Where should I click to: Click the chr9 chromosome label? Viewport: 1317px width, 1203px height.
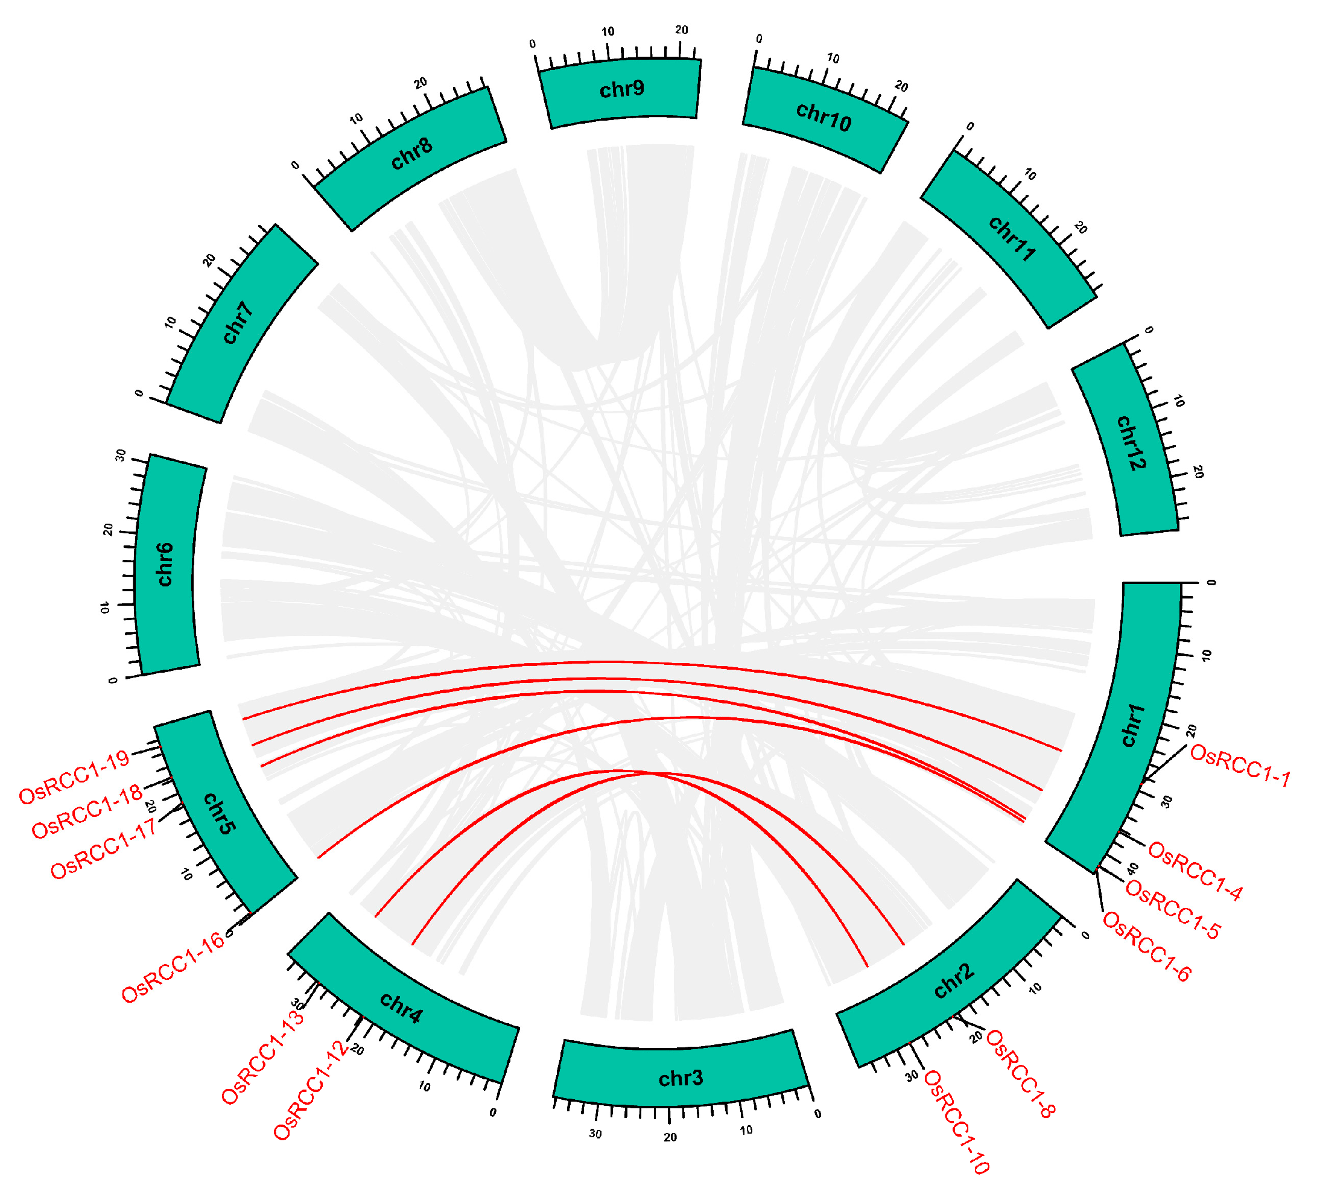[x=622, y=89]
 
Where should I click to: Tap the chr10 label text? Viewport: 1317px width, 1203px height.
[x=824, y=118]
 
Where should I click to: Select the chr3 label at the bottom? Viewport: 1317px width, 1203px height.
[x=681, y=1078]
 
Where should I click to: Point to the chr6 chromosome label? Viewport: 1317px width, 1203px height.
[x=165, y=565]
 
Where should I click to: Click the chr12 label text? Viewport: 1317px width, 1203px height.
[x=1131, y=442]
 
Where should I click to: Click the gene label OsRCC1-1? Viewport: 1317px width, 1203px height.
[x=1240, y=766]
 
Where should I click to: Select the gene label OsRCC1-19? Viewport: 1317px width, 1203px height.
[x=74, y=777]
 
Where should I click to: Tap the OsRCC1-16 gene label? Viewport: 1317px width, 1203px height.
[x=173, y=968]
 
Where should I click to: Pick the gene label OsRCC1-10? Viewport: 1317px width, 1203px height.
[x=956, y=1123]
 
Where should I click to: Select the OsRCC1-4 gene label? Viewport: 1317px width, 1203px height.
[x=1196, y=872]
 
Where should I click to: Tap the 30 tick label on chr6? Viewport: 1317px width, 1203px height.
[x=121, y=455]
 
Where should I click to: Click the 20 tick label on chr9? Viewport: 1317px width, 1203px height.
[x=681, y=30]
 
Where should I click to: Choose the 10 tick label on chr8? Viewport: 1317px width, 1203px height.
[x=356, y=119]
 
